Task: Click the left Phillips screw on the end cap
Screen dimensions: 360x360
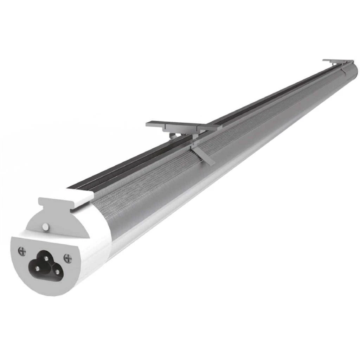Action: tap(22, 251)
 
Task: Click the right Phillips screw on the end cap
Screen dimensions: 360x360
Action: tap(67, 259)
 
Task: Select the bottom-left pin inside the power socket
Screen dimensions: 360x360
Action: tap(37, 268)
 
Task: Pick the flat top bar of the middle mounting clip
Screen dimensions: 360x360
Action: tap(183, 126)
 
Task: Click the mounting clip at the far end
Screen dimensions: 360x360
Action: tap(337, 62)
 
